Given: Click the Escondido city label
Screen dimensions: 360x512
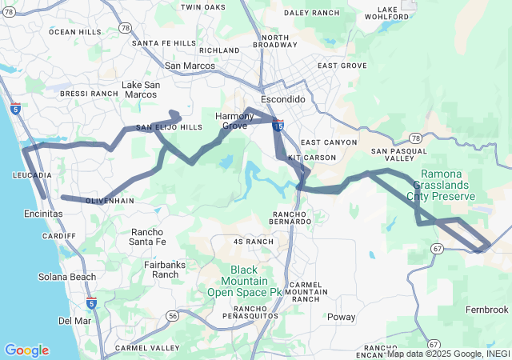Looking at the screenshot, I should point(283,99).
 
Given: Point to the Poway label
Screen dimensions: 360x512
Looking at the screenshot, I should point(342,317).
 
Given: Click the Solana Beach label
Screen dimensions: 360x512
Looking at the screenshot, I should point(67,277).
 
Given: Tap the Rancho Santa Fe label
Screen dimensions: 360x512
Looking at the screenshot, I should point(147,237).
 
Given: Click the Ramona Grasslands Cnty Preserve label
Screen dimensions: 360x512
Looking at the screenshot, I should point(441,185).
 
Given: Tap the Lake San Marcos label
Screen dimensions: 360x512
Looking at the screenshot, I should point(140,90).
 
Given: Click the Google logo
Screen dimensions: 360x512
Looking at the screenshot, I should point(26,350).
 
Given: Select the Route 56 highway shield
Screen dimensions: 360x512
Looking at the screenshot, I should point(173,317).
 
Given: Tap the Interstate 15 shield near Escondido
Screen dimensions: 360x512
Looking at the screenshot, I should point(277,125).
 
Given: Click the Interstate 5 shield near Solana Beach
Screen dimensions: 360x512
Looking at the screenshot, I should point(92,302).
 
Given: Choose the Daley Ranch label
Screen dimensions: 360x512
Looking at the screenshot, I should point(312,13).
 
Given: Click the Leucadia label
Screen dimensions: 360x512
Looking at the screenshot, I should point(33,174).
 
